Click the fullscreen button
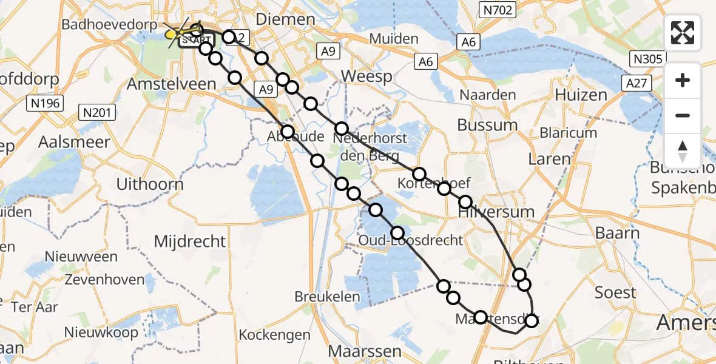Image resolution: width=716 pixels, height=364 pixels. coord(683,33)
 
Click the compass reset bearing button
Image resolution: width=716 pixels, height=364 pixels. coord(683,150)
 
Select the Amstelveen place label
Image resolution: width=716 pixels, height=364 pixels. coord(171,84)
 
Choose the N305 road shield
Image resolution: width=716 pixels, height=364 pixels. coord(646,59)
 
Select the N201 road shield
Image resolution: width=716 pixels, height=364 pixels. coord(97,112)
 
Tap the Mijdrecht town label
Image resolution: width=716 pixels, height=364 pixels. coord(190,241)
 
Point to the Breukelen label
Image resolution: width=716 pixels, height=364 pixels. coord(328,297)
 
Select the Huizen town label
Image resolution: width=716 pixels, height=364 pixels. coord(581,95)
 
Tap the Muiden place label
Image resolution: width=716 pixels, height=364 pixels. coord(394,39)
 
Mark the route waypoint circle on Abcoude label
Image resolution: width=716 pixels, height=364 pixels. coord(288,132)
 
